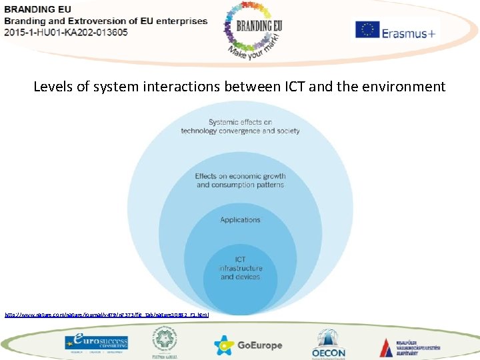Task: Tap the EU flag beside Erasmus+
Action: click(x=367, y=31)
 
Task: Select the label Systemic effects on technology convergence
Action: click(x=240, y=127)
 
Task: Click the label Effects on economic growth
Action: click(x=240, y=180)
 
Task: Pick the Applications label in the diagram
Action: click(x=240, y=219)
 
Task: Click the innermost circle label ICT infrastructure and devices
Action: click(x=240, y=268)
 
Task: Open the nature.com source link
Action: click(x=107, y=313)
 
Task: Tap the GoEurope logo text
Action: click(x=259, y=345)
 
